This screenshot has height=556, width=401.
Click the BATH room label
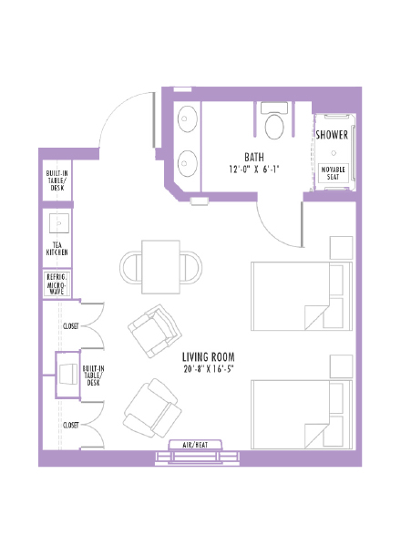[x=254, y=156]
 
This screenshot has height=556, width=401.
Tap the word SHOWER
[x=332, y=134]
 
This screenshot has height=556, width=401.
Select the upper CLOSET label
[x=70, y=325]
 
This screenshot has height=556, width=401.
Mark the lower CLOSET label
[x=70, y=425]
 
